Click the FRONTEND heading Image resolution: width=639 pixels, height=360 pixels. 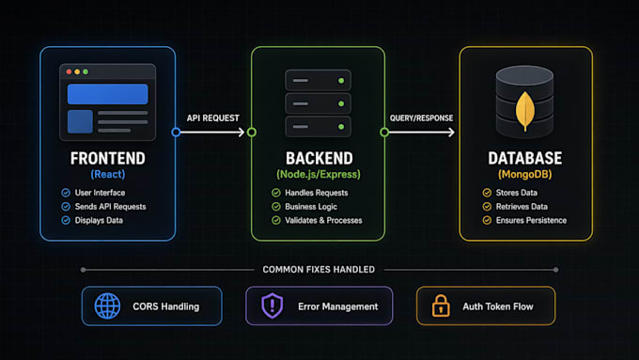[x=107, y=158]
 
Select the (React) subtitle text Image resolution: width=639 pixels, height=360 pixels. [x=108, y=175]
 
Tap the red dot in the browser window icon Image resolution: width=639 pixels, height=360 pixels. [x=69, y=71]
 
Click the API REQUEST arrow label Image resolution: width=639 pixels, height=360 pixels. [x=212, y=118]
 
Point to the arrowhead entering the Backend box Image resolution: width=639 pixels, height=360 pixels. [x=242, y=133]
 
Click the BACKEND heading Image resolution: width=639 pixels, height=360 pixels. [x=319, y=158]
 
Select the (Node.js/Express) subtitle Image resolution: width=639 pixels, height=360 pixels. [x=319, y=175]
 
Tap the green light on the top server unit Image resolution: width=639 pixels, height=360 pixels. [x=341, y=81]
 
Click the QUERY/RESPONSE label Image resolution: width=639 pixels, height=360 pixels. [x=421, y=118]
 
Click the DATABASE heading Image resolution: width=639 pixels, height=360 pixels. [x=525, y=158]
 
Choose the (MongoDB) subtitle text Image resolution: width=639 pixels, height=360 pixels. [x=525, y=175]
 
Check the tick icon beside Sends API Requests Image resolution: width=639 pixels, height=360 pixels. [x=66, y=207]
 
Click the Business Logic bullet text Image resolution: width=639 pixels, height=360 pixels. [x=311, y=207]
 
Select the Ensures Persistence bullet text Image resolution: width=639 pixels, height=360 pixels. [x=531, y=221]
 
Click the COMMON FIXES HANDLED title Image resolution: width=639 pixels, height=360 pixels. [x=319, y=270]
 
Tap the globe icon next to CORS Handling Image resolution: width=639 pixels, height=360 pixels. [x=107, y=305]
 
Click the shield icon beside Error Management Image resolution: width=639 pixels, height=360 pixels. [x=272, y=305]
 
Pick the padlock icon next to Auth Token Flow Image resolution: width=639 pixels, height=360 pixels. [x=441, y=305]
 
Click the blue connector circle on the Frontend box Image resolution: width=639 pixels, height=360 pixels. [x=176, y=133]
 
